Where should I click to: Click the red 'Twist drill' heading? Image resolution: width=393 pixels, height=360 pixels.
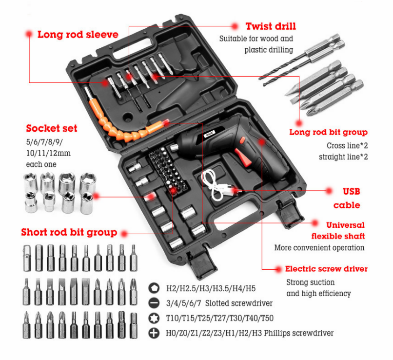pos(271,26)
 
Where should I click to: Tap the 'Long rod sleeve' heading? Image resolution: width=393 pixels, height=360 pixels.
pos(78,35)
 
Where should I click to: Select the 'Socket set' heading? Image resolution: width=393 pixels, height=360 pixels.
pos(52,128)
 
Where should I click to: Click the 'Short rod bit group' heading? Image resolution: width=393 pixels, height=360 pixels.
pos(69,232)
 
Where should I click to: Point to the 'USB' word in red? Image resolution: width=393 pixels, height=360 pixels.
pos(352,192)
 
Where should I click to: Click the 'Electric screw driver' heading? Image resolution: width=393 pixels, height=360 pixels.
pos(326,269)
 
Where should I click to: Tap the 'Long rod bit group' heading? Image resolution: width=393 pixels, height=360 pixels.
pos(328,132)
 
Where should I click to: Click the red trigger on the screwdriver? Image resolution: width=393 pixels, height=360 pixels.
pos(244,157)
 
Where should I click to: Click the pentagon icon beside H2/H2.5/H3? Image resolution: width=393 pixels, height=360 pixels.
pos(154,288)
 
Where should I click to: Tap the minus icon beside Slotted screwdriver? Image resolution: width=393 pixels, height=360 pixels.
pos(154,303)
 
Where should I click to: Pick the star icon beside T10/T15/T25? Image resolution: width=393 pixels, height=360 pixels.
pos(154,318)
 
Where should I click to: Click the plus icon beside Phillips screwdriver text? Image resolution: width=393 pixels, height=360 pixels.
pos(154,333)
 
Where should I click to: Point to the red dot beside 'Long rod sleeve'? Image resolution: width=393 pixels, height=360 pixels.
pos(29,34)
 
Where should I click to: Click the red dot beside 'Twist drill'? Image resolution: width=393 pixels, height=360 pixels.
pos(235,26)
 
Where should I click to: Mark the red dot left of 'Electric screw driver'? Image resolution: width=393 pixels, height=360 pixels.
pos(278,269)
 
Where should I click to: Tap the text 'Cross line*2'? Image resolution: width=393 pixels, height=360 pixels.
pos(347,146)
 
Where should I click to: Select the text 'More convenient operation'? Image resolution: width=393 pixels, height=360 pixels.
pos(319,248)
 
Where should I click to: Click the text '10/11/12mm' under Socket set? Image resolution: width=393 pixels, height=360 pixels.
pos(48,153)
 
